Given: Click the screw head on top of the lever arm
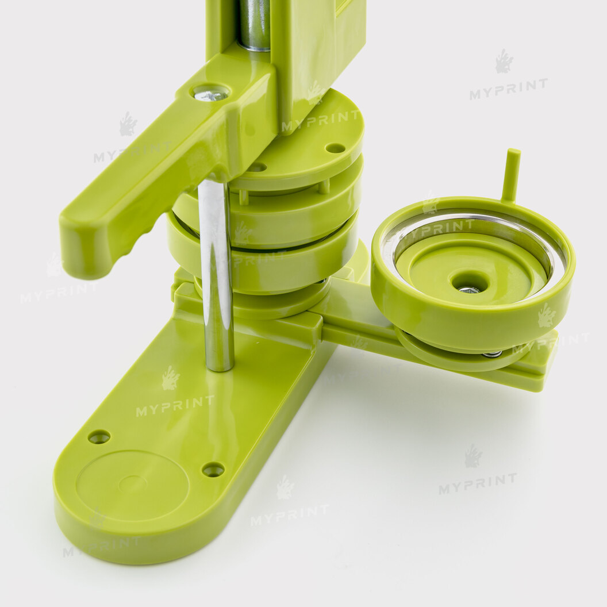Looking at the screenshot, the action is (x=210, y=94).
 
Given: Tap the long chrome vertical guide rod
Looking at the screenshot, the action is (x=216, y=274).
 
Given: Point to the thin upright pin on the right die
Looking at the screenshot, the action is (x=512, y=175).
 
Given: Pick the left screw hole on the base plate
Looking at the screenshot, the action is (x=99, y=437).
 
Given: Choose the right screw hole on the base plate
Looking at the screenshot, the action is (x=213, y=470).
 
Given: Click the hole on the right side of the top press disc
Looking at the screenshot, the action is (x=335, y=148).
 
